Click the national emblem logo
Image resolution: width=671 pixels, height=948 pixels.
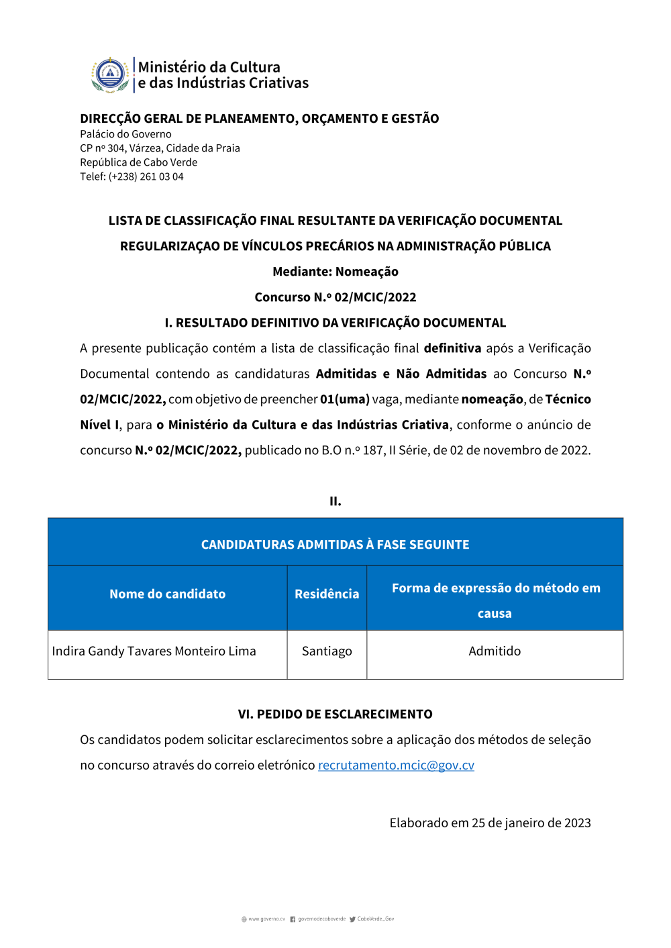[110, 74]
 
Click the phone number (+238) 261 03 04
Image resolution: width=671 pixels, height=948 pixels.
[146, 176]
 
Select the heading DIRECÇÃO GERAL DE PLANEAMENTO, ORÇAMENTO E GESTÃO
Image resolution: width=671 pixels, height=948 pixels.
[259, 119]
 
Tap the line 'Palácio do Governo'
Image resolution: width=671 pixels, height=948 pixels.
[125, 134]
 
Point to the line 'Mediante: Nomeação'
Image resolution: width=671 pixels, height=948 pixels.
[335, 272]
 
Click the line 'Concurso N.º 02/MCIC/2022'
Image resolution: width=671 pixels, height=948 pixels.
[335, 297]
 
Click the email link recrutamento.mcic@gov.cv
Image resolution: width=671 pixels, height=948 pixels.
[396, 766]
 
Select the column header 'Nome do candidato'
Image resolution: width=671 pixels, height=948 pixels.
[167, 594]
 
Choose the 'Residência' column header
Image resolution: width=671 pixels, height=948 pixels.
[327, 594]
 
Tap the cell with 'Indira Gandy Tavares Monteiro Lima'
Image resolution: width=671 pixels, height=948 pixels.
[154, 651]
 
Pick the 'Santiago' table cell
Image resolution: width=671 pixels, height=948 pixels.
[327, 651]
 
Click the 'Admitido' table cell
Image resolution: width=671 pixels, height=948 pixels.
[495, 651]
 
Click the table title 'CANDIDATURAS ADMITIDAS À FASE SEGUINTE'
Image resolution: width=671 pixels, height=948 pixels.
[335, 544]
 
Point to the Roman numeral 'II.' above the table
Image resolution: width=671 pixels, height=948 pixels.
[335, 501]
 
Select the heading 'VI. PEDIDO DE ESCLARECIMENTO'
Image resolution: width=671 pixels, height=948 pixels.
[335, 715]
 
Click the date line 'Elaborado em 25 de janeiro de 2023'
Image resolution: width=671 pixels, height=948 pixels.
[490, 823]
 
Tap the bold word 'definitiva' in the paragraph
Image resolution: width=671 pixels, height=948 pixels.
[452, 348]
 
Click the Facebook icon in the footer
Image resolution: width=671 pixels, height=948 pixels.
[293, 919]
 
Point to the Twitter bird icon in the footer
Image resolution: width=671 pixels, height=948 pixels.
[352, 919]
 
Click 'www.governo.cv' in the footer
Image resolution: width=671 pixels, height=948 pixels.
[266, 919]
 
